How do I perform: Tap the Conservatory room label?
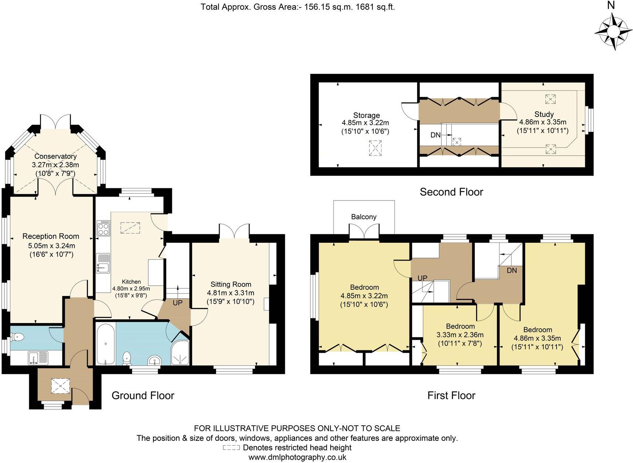[55, 156]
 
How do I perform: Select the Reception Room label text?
[51, 236]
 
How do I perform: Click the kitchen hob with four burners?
[103, 228]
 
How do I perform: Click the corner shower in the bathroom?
[180, 353]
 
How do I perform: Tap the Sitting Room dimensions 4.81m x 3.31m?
[231, 293]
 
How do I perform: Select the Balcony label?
[364, 217]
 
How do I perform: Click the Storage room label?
[366, 115]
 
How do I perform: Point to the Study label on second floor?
[544, 114]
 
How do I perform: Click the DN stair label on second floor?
[436, 135]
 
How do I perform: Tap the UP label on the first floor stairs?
[423, 278]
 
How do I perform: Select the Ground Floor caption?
[143, 395]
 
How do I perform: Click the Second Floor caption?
[451, 192]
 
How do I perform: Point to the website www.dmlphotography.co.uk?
[297, 457]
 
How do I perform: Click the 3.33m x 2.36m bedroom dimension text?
[460, 335]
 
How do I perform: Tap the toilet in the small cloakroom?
[17, 336]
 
